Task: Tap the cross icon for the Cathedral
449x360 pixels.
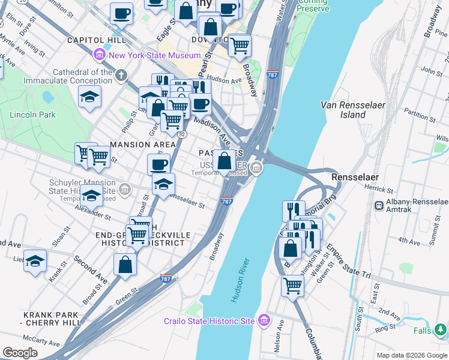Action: (x=122, y=75)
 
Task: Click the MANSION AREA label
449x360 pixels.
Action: (x=142, y=145)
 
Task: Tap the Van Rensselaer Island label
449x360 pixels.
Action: (x=352, y=109)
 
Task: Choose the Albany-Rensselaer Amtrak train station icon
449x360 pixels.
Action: (x=379, y=206)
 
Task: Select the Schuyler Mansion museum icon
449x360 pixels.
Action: (x=125, y=190)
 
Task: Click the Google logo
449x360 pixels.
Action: (x=20, y=353)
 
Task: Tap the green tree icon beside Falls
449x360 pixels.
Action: (x=440, y=329)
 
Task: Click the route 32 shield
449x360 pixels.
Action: (x=164, y=135)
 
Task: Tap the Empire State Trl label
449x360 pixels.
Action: (x=348, y=259)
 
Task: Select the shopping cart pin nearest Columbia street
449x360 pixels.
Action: (x=292, y=286)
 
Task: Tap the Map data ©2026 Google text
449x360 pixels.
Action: (x=411, y=355)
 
